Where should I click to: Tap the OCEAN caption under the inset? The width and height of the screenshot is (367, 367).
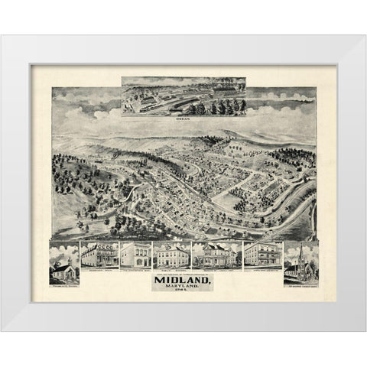pyautogui.click(x=183, y=120)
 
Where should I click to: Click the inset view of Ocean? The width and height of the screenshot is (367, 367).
pyautogui.click(x=183, y=96)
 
